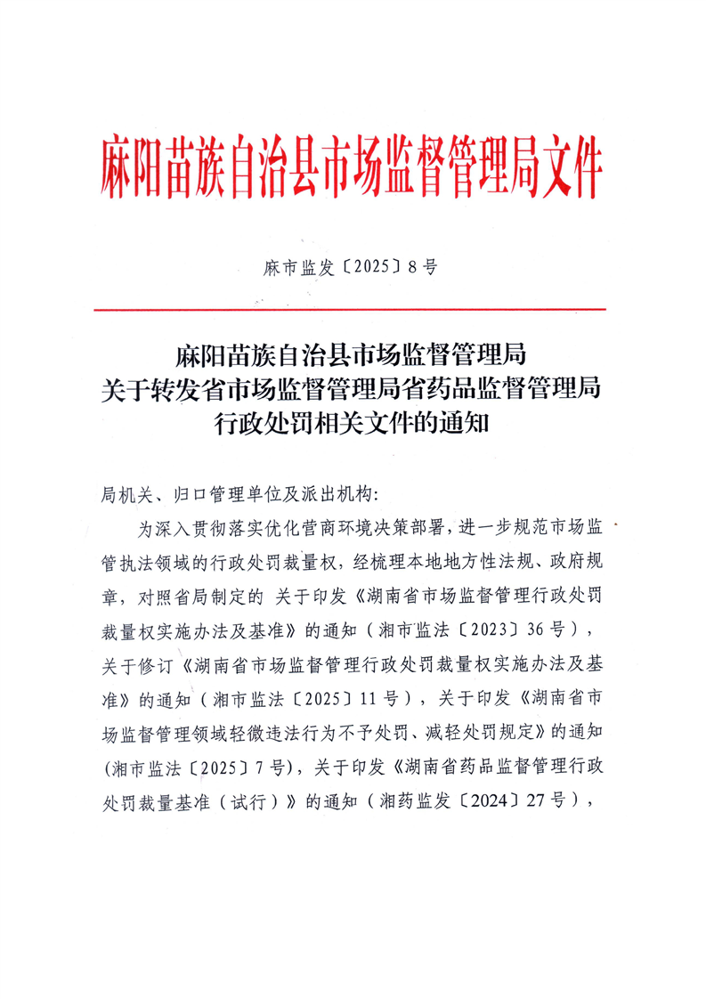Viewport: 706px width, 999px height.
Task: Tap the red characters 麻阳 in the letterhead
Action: [x=134, y=166]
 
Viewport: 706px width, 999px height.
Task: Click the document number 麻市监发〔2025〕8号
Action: [x=352, y=267]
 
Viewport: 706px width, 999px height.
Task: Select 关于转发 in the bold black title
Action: [x=148, y=388]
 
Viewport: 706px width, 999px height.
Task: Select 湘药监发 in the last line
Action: [x=422, y=800]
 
